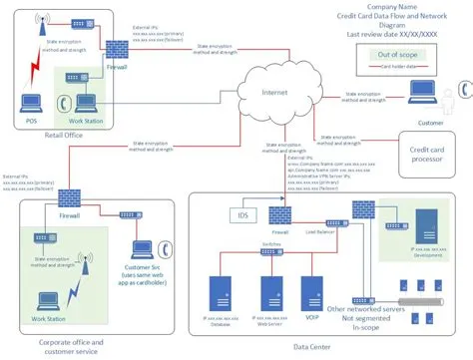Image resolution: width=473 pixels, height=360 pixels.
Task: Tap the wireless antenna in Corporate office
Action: click(x=82, y=265)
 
